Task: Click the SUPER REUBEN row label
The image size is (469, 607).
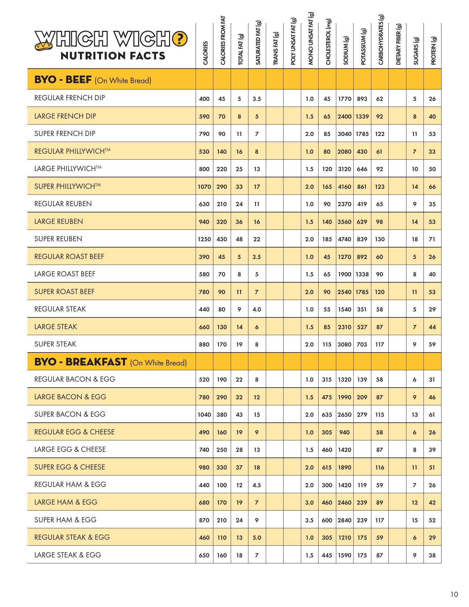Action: click(58, 239)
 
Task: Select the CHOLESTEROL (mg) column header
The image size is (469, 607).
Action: click(327, 42)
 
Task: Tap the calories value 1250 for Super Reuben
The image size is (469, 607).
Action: click(204, 239)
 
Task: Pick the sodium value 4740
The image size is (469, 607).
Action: click(344, 239)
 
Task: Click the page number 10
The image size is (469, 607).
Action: click(454, 594)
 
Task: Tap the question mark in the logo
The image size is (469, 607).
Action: click(180, 39)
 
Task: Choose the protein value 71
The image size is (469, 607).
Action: click(432, 239)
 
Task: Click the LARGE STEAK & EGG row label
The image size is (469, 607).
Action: click(68, 555)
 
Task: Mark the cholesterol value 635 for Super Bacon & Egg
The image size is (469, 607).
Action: click(327, 415)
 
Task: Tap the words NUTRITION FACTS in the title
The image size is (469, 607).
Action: click(113, 56)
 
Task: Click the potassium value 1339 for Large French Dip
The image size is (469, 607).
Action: click(362, 117)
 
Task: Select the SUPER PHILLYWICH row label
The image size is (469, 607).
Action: click(67, 186)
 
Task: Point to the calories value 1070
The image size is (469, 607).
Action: click(204, 187)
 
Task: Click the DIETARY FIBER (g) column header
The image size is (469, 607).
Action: click(398, 44)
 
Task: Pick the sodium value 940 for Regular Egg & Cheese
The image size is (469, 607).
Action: click(344, 432)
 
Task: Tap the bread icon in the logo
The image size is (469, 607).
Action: click(42, 46)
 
